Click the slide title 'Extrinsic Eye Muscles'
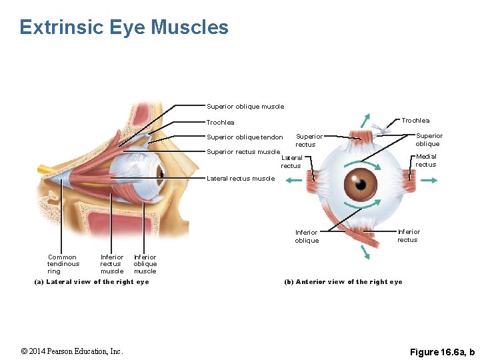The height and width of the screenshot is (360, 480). click(x=124, y=27)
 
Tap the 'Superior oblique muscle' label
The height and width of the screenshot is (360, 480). click(x=245, y=107)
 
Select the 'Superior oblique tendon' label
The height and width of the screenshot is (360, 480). click(x=245, y=138)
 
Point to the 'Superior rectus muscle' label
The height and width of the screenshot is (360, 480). click(x=243, y=152)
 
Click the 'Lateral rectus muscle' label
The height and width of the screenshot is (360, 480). click(x=241, y=179)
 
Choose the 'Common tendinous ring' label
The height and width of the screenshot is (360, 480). click(x=63, y=264)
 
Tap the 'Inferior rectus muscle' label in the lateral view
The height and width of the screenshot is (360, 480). click(x=112, y=264)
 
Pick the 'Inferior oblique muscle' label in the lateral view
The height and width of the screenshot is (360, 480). click(x=145, y=264)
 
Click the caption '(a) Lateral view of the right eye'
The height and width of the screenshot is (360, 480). click(x=92, y=282)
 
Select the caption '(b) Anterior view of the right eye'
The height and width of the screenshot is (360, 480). click(x=343, y=282)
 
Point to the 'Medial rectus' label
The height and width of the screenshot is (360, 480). click(x=425, y=161)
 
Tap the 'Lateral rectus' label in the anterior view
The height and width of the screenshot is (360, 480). click(x=291, y=162)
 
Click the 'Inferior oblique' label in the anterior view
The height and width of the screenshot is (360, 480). click(x=307, y=237)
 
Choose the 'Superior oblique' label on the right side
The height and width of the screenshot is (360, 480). click(x=429, y=140)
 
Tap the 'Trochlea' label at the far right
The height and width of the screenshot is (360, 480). click(x=415, y=121)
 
